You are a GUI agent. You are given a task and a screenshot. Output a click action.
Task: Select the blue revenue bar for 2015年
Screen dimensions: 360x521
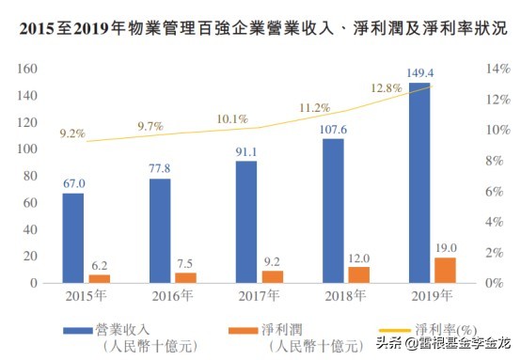click(73, 238)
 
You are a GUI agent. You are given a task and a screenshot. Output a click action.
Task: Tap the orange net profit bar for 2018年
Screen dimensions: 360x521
click(358, 274)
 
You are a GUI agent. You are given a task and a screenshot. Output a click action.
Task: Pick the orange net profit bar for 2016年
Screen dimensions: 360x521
click(185, 277)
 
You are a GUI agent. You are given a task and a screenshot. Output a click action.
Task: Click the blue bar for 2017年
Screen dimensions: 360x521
click(246, 222)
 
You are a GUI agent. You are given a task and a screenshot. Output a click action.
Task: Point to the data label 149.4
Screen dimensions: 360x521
click(420, 73)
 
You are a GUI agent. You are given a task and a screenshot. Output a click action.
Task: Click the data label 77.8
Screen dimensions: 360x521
click(160, 169)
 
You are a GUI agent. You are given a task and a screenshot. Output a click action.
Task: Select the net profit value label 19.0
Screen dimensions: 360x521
click(446, 248)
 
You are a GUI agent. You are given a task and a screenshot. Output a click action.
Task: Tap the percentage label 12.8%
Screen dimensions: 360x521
click(387, 88)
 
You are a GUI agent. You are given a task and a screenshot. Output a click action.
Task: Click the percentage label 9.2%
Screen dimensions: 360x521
click(72, 133)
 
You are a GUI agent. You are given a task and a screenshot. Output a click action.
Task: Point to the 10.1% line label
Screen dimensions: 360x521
click(232, 119)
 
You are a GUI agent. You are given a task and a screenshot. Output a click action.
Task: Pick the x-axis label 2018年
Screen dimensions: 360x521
click(345, 297)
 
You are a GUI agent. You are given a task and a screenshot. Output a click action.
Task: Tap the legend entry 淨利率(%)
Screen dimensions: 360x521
click(445, 328)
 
